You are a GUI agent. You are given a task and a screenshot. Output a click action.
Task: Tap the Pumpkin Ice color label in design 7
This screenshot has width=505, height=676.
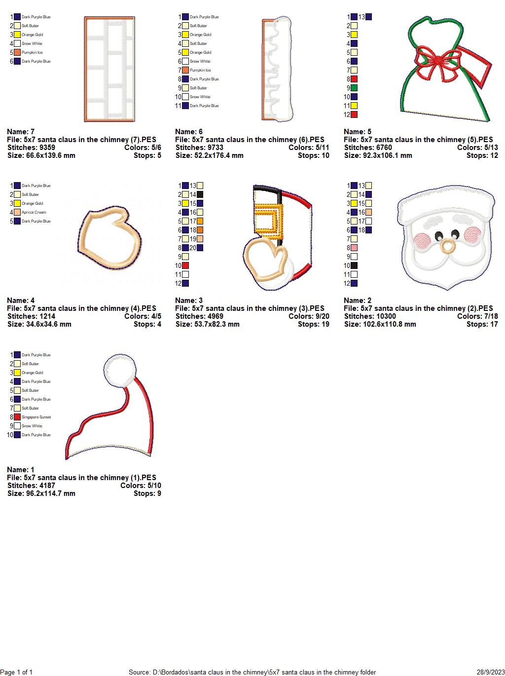click(32, 52)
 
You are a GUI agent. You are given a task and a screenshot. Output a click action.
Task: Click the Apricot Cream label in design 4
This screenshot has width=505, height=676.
click(34, 212)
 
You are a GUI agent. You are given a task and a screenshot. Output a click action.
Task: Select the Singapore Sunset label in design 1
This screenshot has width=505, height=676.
click(36, 417)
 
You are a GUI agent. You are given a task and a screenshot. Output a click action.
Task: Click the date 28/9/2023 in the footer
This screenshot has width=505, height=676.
click(491, 672)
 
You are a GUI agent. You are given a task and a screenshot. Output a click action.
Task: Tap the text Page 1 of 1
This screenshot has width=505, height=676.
click(17, 672)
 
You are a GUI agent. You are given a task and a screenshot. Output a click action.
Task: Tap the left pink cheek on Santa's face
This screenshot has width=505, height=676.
click(422, 240)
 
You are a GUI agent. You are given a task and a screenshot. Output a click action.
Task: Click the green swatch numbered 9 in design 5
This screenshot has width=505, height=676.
click(354, 88)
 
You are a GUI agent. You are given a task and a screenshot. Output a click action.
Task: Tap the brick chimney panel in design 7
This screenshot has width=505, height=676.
click(109, 69)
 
